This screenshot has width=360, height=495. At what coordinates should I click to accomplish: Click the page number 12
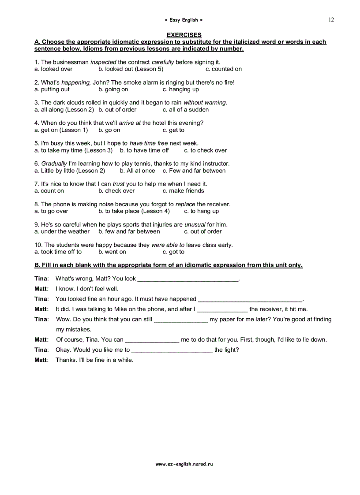[331, 19]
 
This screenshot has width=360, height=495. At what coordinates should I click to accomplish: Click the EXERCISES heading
[184, 35]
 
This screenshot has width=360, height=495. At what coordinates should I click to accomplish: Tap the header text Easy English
[184, 20]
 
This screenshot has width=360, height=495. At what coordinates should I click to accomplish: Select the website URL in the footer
[184, 464]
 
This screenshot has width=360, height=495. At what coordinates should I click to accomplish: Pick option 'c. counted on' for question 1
[224, 69]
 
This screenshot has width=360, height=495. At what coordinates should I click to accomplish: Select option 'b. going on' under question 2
[113, 89]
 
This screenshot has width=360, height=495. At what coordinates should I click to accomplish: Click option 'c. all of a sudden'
[185, 110]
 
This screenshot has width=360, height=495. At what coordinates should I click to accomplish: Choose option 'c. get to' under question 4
[173, 130]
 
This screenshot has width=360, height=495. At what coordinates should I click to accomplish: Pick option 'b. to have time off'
[144, 150]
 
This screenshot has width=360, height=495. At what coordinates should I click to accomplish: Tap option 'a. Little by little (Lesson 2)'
[70, 171]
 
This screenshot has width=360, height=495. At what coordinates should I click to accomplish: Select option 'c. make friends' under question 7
[183, 191]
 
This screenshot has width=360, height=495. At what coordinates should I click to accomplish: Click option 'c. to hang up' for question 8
[201, 211]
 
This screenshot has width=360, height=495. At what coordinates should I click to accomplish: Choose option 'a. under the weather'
[62, 231]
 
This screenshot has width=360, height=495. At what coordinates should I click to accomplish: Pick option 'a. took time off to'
[58, 252]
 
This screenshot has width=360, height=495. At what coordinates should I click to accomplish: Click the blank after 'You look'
[187, 279]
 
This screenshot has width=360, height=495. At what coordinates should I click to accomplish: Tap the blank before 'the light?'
[172, 350]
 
